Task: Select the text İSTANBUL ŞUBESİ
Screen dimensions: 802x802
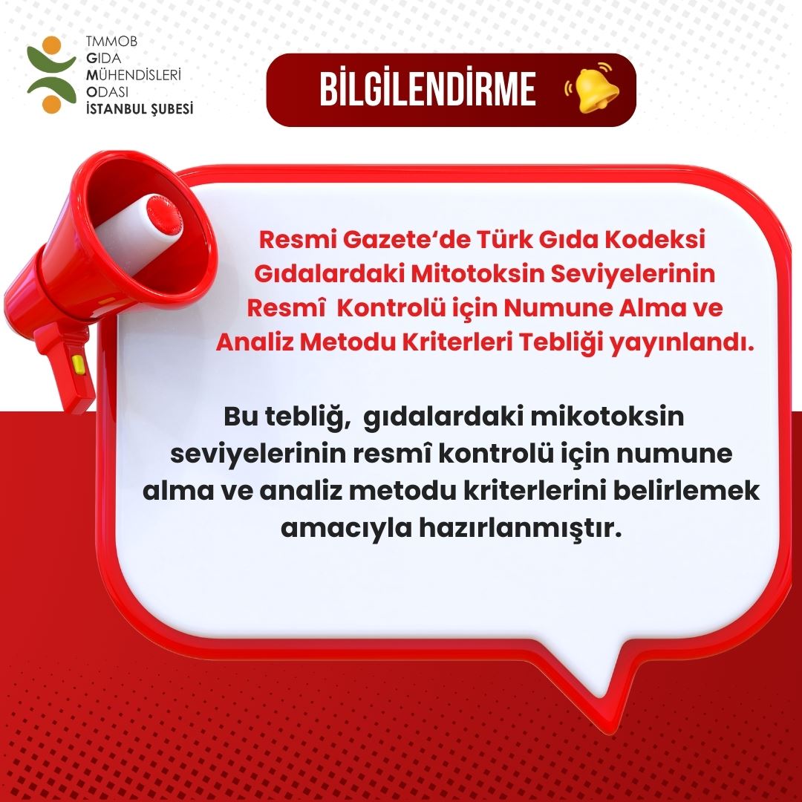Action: [140, 108]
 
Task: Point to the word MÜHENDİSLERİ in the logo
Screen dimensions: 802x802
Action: [134, 75]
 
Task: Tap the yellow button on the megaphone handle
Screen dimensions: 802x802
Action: [77, 364]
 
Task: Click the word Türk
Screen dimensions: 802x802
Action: [480, 241]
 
